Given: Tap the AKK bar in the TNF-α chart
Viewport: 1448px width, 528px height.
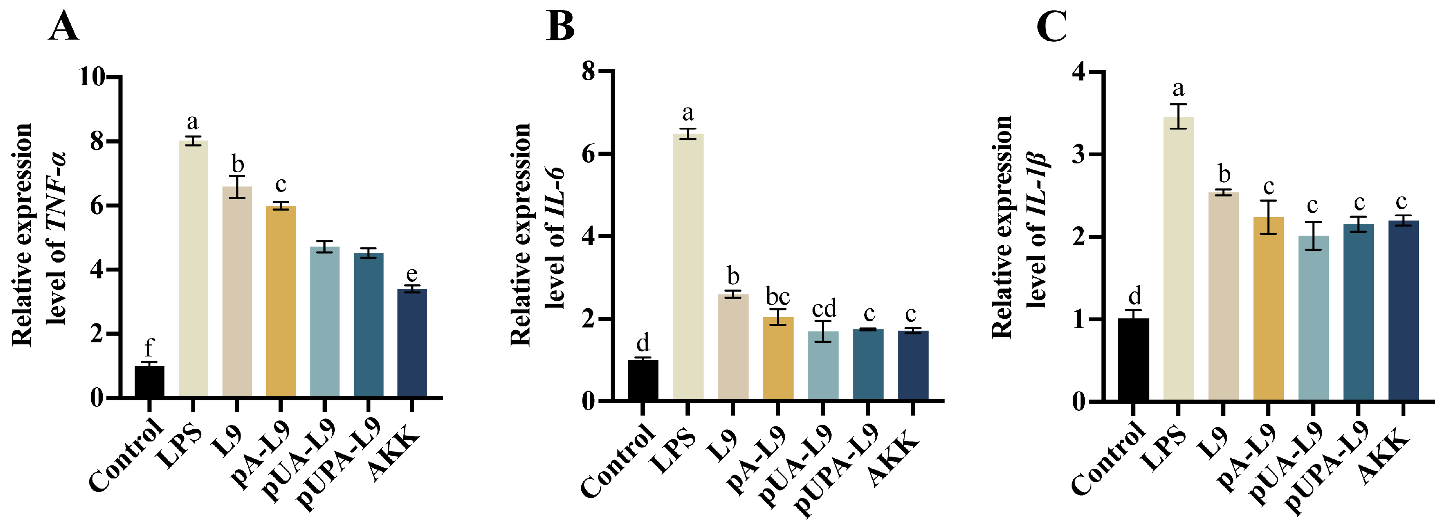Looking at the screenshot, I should [x=412, y=343].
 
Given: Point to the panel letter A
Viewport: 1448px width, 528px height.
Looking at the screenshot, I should [x=63, y=27].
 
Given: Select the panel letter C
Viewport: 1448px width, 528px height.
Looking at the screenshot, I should [x=1051, y=27].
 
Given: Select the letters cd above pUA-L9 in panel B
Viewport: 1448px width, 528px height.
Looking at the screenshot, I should [x=823, y=308].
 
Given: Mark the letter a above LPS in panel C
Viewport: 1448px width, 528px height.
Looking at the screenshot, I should [x=1178, y=88].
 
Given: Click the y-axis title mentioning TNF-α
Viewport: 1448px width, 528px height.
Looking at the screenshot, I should [x=40, y=236].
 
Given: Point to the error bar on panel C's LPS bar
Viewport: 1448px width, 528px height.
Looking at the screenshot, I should [x=1178, y=116].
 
